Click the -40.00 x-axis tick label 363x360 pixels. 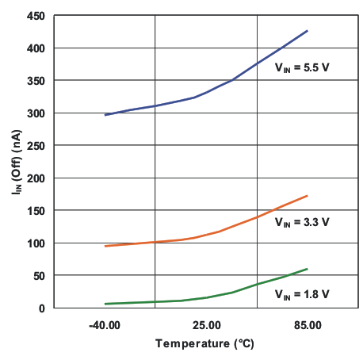coord(105,325)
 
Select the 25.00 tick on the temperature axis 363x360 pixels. coord(206,325)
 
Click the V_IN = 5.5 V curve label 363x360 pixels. coord(302,69)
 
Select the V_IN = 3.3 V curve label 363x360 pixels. coord(302,224)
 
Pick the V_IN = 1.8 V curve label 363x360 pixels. coord(302,295)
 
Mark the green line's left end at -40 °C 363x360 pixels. coord(105,304)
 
